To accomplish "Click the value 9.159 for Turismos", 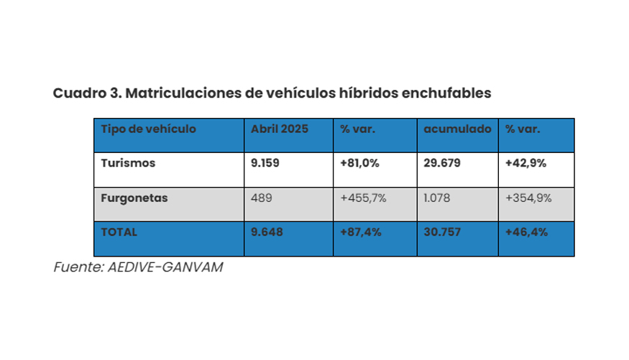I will (265, 163).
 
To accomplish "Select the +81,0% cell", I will (359, 163).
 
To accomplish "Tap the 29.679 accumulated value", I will (442, 163).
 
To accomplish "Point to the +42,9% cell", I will (525, 163).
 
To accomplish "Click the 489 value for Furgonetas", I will (261, 198).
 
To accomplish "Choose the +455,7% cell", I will (363, 198).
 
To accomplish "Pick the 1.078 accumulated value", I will (437, 198).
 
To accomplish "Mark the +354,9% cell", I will (528, 198).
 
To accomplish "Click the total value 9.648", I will (266, 232).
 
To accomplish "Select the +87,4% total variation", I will (359, 232).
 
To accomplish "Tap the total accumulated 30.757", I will (442, 232).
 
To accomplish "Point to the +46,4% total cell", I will (526, 232).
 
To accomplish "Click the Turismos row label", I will (128, 163).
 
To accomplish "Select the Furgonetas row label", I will (134, 198).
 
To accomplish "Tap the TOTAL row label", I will (119, 232).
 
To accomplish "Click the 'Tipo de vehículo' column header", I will (148, 129).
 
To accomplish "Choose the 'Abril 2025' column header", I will (280, 129).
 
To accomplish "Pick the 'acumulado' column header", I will (457, 129).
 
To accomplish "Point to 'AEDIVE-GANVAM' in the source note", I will (164, 267).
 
